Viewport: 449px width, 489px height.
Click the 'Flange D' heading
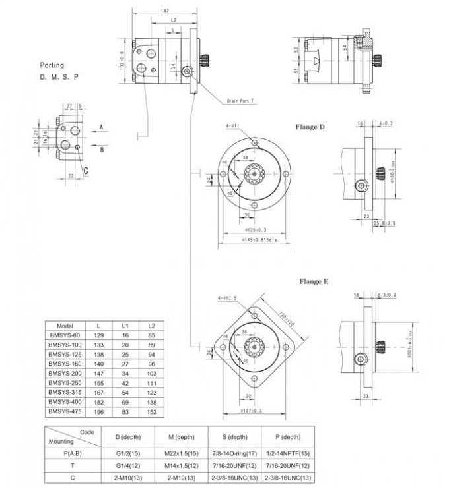coord(310,127)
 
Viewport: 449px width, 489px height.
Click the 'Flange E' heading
coord(314,281)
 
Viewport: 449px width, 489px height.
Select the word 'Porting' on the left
coord(52,65)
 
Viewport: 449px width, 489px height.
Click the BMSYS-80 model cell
coord(65,335)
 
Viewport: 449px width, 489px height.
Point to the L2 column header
coord(151,326)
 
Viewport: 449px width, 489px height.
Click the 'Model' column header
coord(65,326)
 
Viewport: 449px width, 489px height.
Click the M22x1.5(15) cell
coord(181,453)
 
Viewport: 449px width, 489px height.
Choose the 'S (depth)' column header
coord(234,436)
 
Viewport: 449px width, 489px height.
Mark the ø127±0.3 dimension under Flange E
coord(251,410)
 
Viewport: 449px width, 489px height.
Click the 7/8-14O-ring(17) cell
coord(234,453)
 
